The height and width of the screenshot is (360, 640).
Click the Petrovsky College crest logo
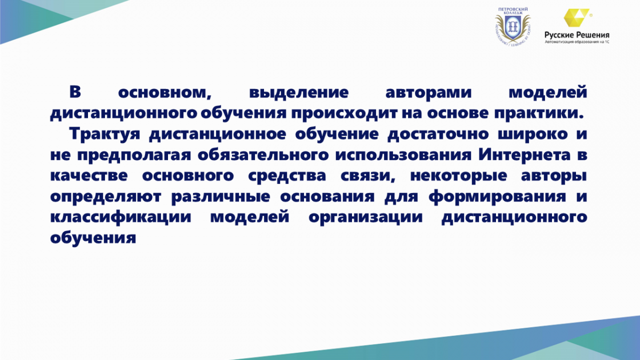[x=513, y=27]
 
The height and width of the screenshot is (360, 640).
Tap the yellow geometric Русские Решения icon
[x=577, y=18]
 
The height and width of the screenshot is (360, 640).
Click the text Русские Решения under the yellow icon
[x=577, y=35]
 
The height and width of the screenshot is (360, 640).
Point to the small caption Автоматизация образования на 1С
[x=577, y=42]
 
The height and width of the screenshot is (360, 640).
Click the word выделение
[x=299, y=92]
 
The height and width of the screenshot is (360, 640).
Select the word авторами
[x=429, y=93]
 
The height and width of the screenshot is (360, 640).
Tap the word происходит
[x=345, y=114]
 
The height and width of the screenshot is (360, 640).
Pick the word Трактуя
[x=105, y=134]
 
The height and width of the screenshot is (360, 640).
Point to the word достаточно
[x=438, y=134]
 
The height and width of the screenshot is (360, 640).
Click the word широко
[x=533, y=134]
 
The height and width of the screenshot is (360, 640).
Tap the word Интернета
[x=525, y=155]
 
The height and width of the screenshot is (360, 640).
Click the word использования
[x=403, y=155]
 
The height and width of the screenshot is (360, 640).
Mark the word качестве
[x=89, y=175]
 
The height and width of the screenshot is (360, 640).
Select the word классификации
[x=121, y=217]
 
